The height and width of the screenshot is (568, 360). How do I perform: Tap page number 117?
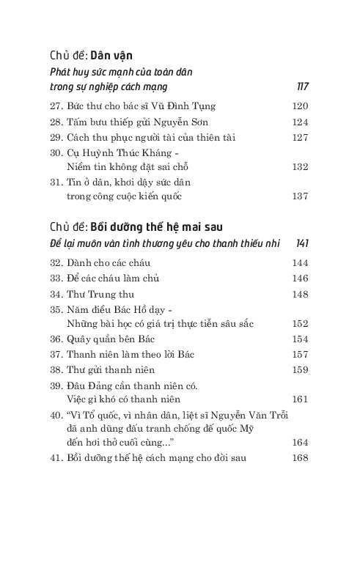[x=302, y=86]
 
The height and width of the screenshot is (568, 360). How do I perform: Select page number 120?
[x=300, y=106]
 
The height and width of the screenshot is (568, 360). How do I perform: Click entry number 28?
[x=57, y=122]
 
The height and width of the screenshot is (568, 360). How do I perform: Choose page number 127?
[x=300, y=137]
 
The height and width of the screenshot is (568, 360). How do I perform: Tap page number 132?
[x=300, y=166]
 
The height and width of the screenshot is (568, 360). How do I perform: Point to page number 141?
[x=301, y=243]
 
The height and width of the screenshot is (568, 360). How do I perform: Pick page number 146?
[x=300, y=278]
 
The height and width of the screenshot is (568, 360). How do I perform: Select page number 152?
[x=300, y=322]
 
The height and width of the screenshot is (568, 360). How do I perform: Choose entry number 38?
[x=57, y=369]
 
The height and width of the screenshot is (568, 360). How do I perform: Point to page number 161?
[x=300, y=399]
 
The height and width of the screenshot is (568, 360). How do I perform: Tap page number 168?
[x=300, y=458]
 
